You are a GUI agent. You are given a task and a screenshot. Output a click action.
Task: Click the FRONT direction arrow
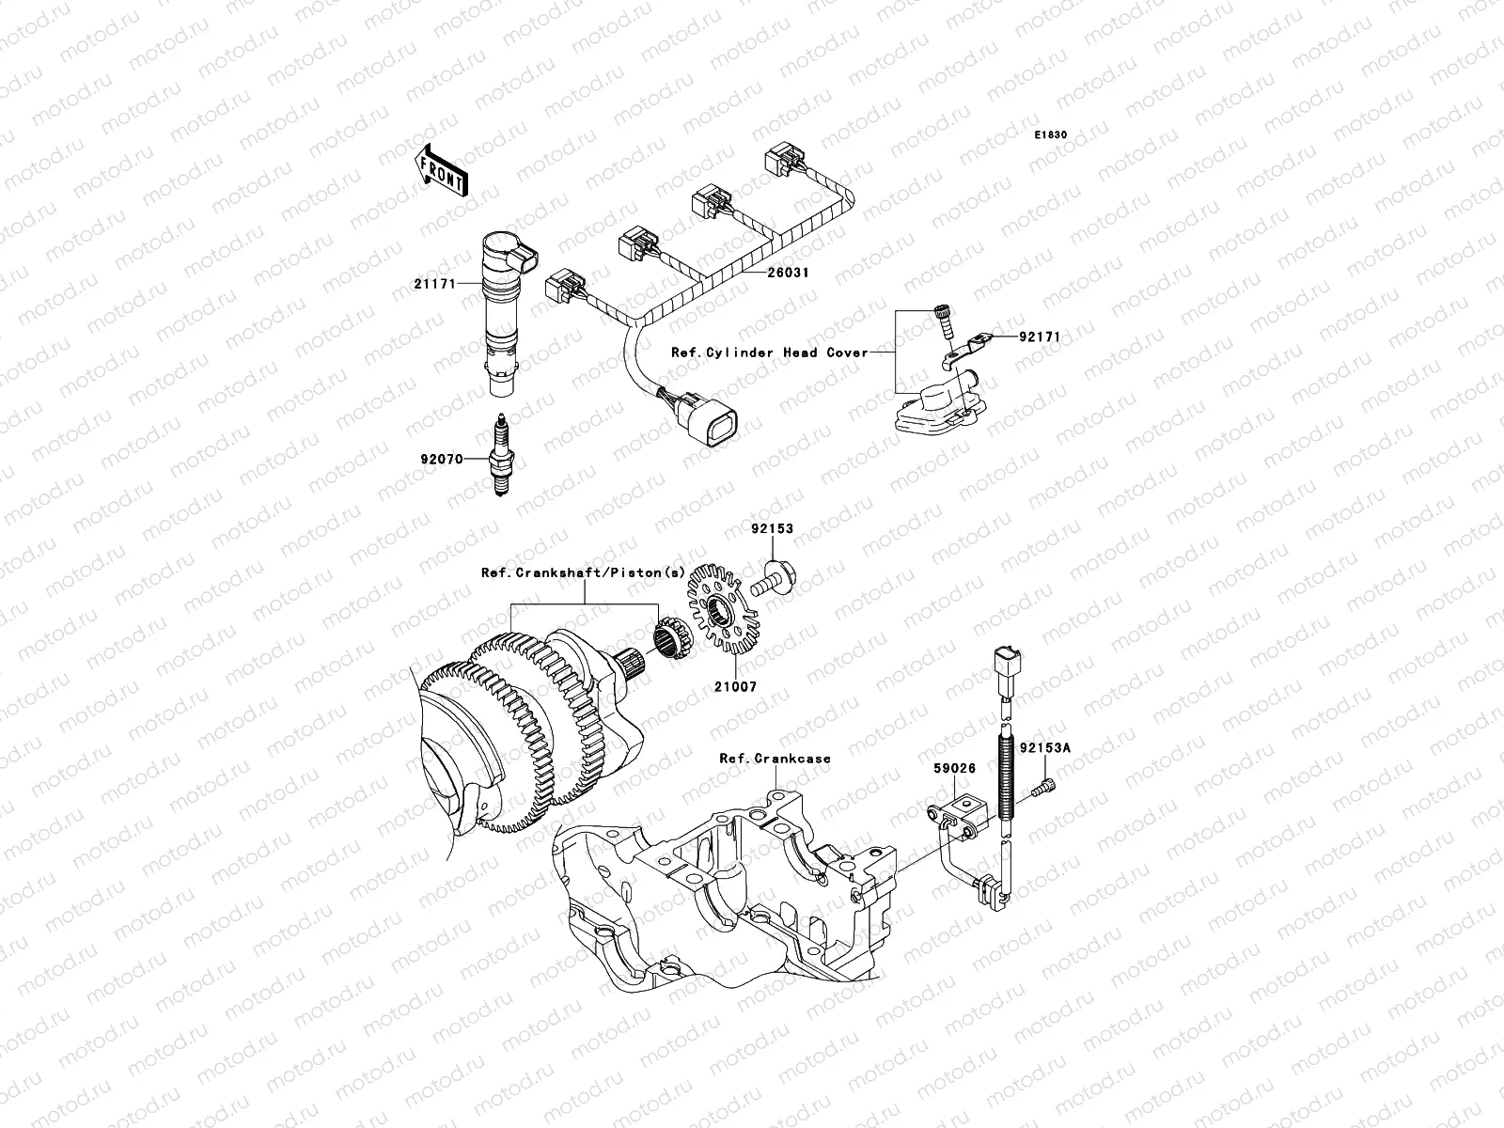tap(442, 171)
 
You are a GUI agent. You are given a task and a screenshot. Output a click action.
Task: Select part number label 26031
tap(788, 273)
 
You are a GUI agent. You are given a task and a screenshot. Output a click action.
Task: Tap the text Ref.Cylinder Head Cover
tap(769, 352)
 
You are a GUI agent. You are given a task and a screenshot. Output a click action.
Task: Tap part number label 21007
tap(734, 687)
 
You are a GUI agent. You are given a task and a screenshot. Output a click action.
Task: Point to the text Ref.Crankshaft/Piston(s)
tap(584, 572)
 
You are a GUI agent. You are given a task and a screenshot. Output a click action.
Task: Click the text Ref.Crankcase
tap(775, 758)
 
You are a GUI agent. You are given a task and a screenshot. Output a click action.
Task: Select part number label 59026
tap(954, 768)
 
